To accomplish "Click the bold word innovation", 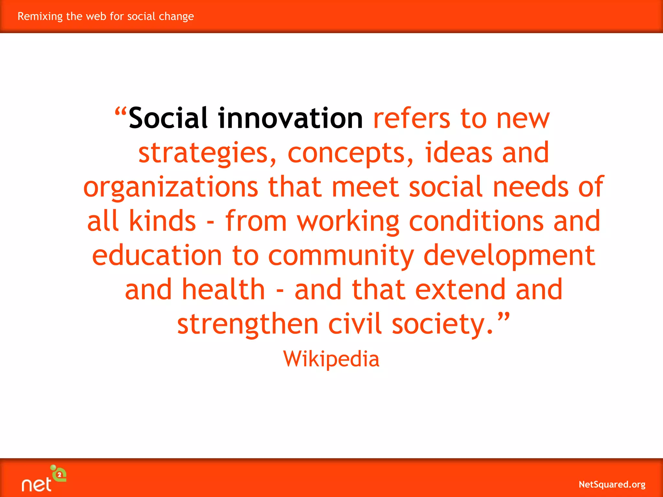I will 290,118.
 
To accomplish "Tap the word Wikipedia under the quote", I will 331,359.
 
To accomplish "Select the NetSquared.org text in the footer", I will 612,484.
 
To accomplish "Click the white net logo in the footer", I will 37,484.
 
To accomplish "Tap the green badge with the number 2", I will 60,475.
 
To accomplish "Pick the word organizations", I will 171,187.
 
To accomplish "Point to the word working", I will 348,222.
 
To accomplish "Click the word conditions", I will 476,221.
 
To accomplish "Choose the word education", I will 157,256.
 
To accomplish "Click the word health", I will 223,290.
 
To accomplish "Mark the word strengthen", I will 248,325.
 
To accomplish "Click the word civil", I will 355,324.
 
